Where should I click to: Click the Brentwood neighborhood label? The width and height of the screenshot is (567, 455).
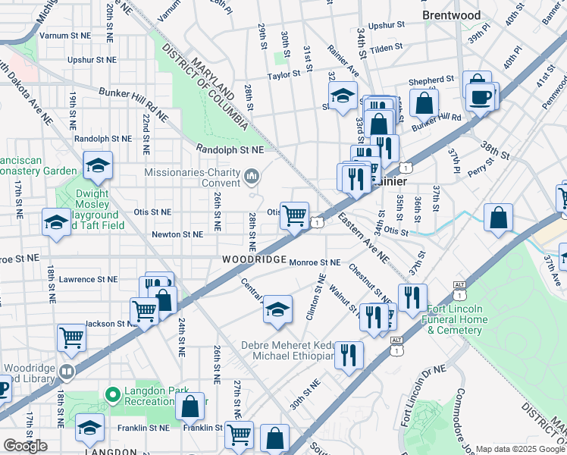(x=452, y=14)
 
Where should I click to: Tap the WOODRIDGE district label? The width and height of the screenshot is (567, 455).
(x=254, y=260)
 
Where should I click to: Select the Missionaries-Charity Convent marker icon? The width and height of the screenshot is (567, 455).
(x=252, y=177)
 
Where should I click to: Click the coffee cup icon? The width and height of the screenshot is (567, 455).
(x=481, y=96)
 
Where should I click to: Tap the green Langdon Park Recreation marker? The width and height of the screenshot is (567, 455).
(x=113, y=394)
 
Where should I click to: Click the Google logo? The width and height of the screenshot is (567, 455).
(x=25, y=446)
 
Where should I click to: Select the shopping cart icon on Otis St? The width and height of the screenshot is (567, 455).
(x=294, y=215)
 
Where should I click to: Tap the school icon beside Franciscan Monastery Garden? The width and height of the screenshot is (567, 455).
(x=97, y=166)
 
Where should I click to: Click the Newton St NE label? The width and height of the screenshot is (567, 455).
(x=177, y=235)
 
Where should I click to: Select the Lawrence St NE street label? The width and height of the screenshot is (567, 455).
(x=89, y=279)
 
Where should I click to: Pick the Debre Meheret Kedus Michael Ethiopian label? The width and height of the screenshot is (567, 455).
(x=287, y=350)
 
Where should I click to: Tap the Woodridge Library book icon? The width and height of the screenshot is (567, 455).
(x=67, y=372)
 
